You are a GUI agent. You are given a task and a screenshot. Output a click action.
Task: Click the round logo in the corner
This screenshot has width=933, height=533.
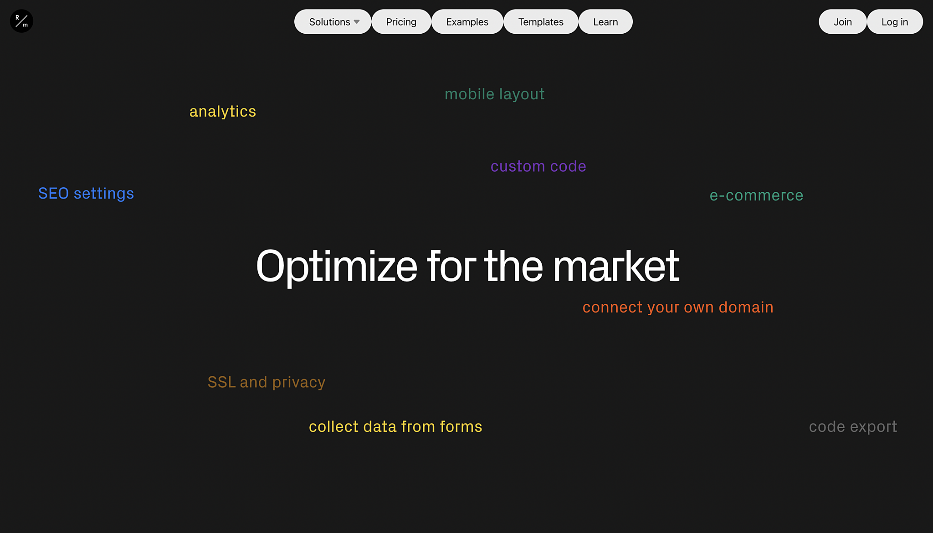click(x=21, y=21)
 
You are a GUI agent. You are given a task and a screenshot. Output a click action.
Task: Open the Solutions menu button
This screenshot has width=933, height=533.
click(x=333, y=22)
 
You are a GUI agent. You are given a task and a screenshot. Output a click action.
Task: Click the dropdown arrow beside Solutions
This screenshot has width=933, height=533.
click(x=357, y=22)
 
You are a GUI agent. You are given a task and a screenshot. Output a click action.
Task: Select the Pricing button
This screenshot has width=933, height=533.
click(x=401, y=22)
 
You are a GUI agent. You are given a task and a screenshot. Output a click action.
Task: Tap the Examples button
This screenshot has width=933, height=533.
click(x=467, y=22)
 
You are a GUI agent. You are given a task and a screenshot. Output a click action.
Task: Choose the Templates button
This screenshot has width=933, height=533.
click(x=541, y=22)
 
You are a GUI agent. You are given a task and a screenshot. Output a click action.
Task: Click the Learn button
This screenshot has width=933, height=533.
click(x=605, y=22)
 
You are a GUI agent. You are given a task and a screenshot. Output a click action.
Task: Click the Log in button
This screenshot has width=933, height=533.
click(x=895, y=22)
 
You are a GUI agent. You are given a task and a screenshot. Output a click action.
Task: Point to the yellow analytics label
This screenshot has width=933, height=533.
click(x=223, y=112)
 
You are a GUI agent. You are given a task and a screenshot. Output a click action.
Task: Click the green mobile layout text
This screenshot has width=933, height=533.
click(x=495, y=94)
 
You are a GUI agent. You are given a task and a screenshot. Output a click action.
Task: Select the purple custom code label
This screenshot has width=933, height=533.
click(x=538, y=166)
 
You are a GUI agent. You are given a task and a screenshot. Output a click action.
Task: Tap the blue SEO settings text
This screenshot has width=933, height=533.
click(x=86, y=194)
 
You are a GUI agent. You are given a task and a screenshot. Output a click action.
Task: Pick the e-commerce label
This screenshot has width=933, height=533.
click(x=757, y=195)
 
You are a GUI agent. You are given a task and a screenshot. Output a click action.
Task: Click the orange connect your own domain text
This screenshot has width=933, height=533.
click(x=678, y=308)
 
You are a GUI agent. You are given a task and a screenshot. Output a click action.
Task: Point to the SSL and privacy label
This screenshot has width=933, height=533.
click(x=267, y=383)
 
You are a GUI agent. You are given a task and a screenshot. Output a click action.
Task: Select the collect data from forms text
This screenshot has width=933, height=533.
click(x=395, y=427)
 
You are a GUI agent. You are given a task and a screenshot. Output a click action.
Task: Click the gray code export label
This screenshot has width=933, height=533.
click(x=853, y=427)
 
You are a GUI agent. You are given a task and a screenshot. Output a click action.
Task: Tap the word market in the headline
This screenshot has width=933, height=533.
click(x=616, y=266)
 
